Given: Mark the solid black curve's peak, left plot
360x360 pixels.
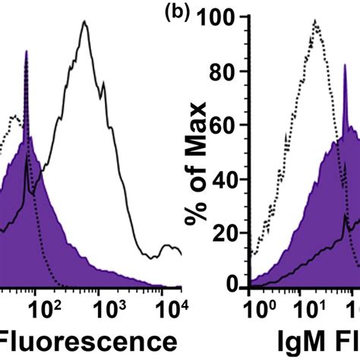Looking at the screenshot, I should point(85,22).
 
